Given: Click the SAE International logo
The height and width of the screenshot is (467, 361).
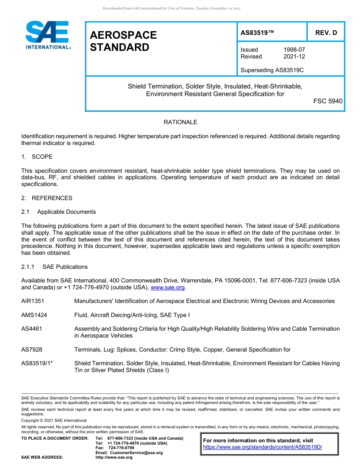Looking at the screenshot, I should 47,35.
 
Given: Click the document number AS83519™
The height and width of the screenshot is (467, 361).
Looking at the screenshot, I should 257,33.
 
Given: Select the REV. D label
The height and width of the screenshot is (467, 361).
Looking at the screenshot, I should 326,33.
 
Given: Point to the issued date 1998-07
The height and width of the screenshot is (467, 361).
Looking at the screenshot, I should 294,50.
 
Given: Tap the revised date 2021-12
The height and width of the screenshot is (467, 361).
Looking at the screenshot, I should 294,57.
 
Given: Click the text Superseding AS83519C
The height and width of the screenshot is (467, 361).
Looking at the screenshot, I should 272,70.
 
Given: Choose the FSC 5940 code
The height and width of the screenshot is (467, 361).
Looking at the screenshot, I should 328,101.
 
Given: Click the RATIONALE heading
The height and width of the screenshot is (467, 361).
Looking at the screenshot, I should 180,122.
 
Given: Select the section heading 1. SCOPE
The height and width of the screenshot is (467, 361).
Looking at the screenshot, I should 37,157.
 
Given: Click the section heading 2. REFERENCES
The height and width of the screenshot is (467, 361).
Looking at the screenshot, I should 47,198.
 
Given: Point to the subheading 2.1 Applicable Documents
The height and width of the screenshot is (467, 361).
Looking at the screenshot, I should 59,212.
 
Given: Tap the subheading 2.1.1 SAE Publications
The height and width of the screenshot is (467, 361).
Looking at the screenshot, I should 54,267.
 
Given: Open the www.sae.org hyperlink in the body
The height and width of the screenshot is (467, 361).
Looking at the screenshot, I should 168,287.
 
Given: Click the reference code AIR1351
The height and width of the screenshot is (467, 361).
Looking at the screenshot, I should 33,301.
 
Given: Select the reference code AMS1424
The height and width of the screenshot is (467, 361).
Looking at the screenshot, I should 34,315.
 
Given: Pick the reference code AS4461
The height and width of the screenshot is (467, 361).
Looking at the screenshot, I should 32,329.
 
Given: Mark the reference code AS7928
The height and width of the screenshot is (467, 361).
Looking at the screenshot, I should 32,350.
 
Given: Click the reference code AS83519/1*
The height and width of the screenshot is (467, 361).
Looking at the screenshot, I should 37,363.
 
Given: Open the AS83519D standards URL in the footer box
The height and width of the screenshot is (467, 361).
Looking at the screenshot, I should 263,447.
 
